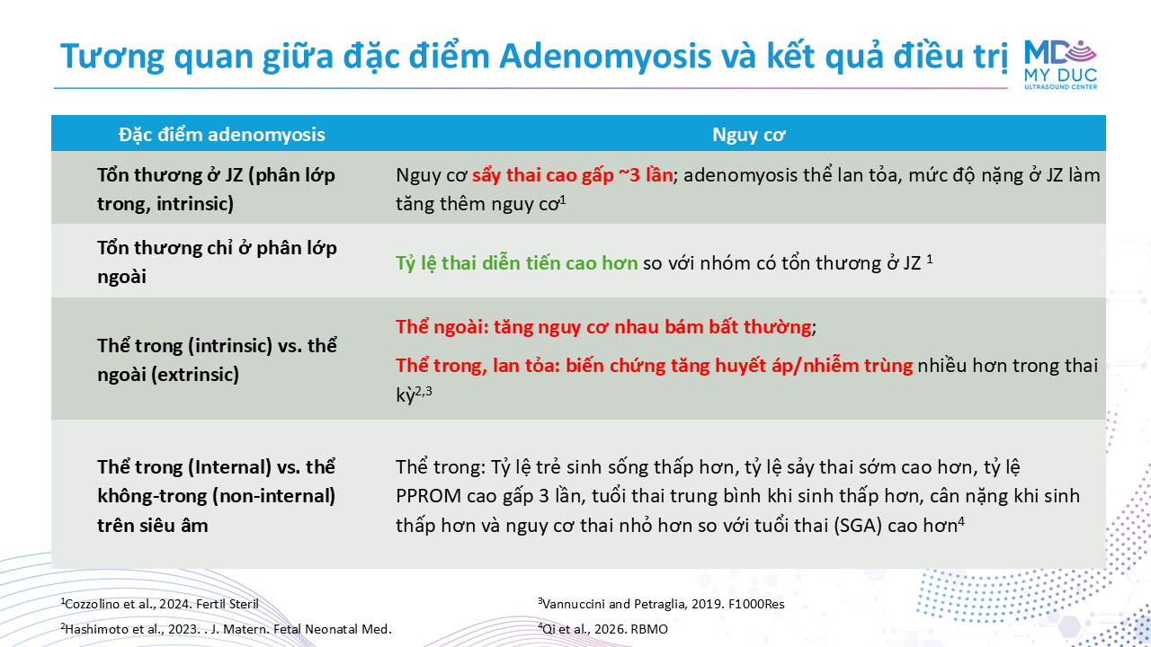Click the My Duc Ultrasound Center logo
tap(1060, 65)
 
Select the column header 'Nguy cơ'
tap(749, 135)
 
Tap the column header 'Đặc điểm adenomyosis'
tap(222, 135)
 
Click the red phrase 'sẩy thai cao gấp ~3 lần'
tap(573, 175)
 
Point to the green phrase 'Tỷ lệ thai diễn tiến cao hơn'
tap(516, 263)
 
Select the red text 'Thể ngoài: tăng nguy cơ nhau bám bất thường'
tap(603, 327)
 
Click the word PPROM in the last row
tap(429, 496)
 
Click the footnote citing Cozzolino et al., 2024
tap(159, 604)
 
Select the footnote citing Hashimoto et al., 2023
tap(226, 629)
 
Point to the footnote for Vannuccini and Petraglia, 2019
tap(661, 604)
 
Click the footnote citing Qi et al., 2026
tap(602, 629)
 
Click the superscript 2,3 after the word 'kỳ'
tap(424, 391)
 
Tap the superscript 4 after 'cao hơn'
tap(961, 522)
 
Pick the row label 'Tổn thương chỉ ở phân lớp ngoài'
tap(217, 261)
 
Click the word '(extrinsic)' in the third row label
tap(195, 375)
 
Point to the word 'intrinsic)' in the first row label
tap(195, 204)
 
